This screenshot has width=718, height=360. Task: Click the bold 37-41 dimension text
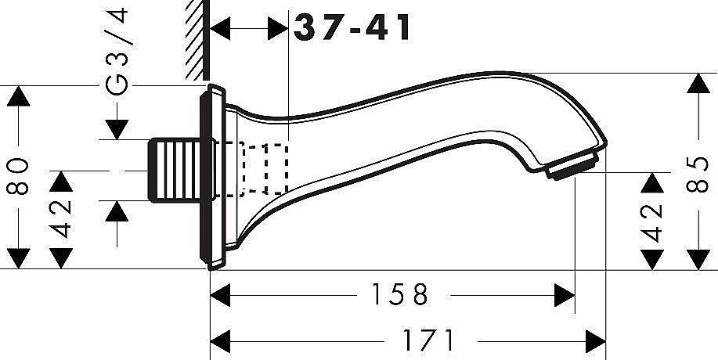[x=353, y=28]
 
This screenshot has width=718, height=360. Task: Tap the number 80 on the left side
[x=20, y=177]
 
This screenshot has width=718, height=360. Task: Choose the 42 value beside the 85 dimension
[x=654, y=222]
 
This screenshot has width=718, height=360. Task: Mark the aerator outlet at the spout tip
[x=572, y=166]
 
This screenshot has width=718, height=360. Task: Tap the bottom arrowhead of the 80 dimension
[x=19, y=257]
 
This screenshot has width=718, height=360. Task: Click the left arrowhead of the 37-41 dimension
[x=224, y=28]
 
